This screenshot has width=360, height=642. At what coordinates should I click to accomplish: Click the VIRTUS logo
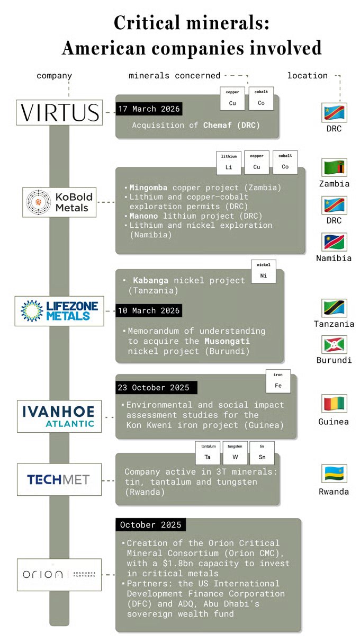[59, 113]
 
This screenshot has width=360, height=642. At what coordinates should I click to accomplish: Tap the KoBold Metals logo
[62, 202]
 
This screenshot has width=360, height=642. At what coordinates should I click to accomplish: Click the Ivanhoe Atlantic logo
[59, 416]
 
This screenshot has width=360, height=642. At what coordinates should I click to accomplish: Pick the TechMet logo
[59, 480]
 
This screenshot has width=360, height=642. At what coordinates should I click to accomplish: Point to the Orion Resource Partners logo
[59, 574]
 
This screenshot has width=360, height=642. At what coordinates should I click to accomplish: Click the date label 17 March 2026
[149, 109]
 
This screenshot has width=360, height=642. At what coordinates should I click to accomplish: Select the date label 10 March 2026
[149, 310]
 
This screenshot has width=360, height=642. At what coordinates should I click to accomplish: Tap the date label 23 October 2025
[154, 388]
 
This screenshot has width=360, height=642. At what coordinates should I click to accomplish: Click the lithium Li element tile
[229, 163]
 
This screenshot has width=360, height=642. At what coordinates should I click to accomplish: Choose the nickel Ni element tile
[263, 271]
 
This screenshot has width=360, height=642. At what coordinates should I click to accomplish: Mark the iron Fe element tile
[278, 381]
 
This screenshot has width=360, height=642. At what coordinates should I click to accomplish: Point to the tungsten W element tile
[235, 453]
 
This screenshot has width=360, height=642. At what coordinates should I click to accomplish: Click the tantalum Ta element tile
[208, 453]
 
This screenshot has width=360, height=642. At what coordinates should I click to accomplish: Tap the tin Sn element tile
[262, 453]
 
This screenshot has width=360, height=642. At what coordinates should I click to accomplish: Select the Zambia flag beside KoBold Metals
[335, 167]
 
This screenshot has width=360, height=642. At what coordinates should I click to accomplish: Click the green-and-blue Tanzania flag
[335, 308]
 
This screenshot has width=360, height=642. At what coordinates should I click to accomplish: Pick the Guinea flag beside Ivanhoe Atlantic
[335, 404]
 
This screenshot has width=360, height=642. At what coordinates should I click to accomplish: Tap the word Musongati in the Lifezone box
[227, 341]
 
